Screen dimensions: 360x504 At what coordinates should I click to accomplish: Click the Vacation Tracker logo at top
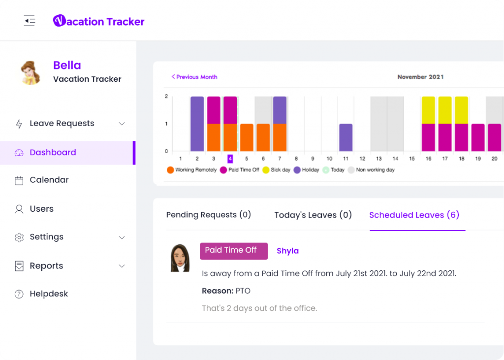99,21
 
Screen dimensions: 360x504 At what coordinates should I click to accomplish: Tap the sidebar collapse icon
30,21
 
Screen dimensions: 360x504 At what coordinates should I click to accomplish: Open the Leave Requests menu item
62,124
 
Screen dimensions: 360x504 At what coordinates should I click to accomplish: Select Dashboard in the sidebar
53,153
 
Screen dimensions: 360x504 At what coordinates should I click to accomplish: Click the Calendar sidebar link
49,180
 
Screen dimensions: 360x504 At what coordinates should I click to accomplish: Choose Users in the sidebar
41,209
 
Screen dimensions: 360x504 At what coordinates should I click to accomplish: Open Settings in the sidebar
46,237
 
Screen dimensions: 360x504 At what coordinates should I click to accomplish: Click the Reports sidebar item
46,266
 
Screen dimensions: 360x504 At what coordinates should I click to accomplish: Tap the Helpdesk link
49,294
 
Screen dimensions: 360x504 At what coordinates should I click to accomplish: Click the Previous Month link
194,77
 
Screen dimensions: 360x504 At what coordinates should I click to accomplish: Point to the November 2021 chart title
420,77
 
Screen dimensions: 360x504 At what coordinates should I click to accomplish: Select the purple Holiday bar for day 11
346,137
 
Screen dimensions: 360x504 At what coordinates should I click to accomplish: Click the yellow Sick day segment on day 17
445,110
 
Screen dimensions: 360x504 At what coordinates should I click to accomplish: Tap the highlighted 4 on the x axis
230,159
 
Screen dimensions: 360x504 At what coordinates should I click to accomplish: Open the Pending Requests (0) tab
209,215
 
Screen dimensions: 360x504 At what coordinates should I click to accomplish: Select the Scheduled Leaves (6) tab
414,215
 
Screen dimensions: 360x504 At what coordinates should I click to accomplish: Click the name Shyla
287,251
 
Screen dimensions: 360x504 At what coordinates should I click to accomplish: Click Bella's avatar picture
31,72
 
